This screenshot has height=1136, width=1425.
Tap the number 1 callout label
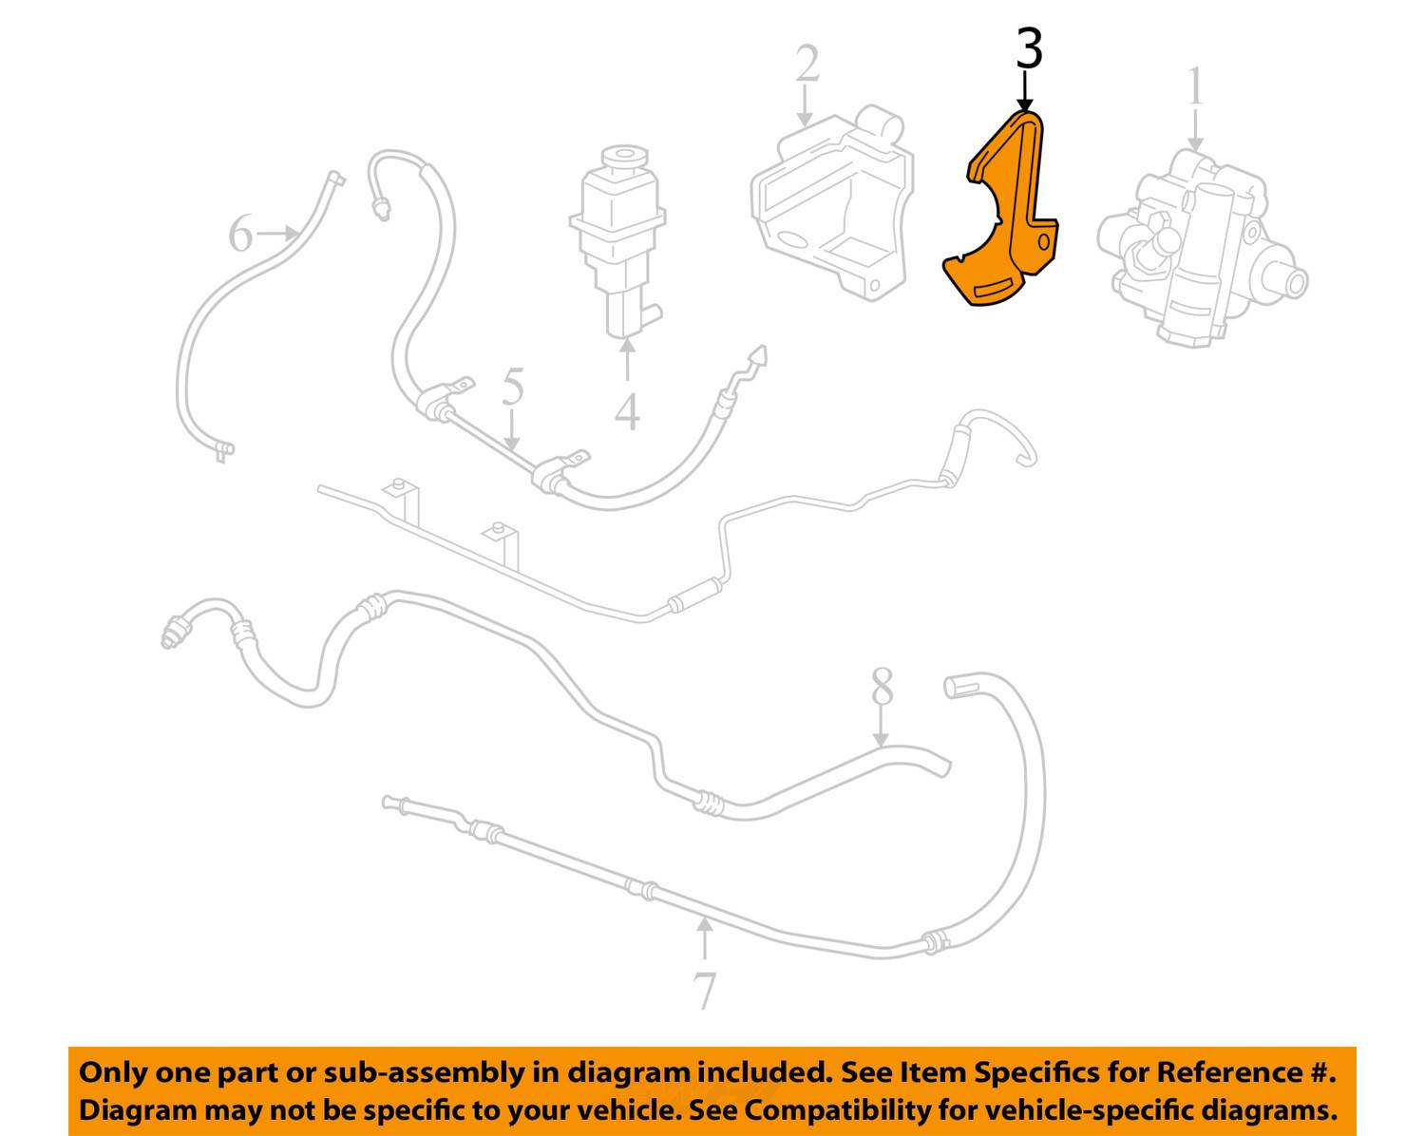pos(1195,85)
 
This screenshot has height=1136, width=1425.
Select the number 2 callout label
pos(807,64)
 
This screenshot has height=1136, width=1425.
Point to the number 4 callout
pos(627,411)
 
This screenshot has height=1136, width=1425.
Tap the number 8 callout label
pos(882,686)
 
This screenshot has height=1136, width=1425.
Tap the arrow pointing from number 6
pos(276,233)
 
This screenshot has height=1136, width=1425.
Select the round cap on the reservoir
pos(623,158)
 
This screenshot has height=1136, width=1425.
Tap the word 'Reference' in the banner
pos(1225,1071)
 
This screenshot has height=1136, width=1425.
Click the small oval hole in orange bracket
pos(1043,242)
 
